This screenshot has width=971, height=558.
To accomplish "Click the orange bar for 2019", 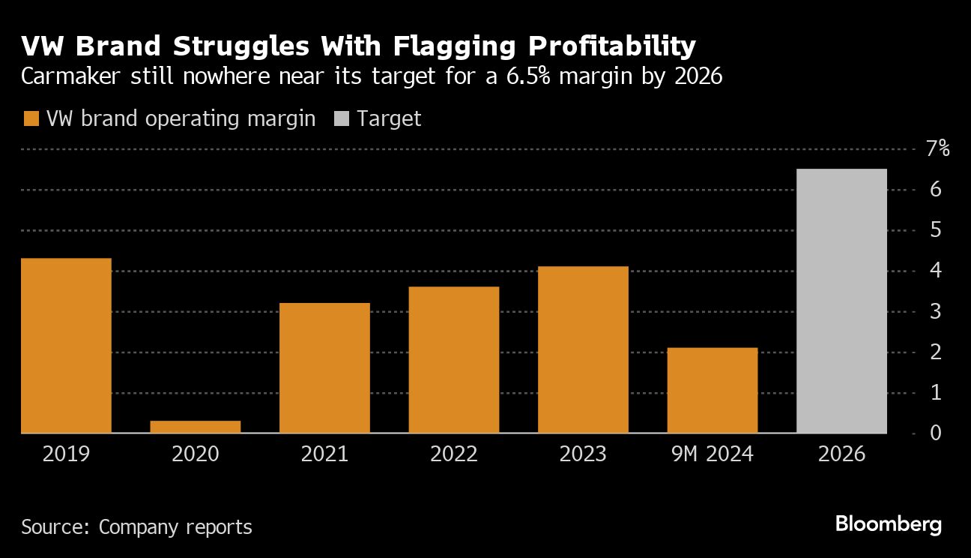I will pyautogui.click(x=66, y=346).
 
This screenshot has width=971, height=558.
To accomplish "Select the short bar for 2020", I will pyautogui.click(x=196, y=427).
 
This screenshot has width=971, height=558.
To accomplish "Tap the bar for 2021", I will pyautogui.click(x=324, y=367).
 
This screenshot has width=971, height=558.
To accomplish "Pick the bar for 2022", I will pyautogui.click(x=453, y=360).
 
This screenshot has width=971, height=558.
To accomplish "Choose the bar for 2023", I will pyautogui.click(x=583, y=349).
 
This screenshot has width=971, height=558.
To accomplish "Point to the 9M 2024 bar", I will pyautogui.click(x=712, y=390).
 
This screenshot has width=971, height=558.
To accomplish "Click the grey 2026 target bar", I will pyautogui.click(x=841, y=301).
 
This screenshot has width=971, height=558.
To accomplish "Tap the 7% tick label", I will pyautogui.click(x=937, y=148).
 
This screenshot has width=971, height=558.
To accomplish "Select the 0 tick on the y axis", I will pyautogui.click(x=934, y=433).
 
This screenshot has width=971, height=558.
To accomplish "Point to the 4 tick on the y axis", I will pyautogui.click(x=934, y=271).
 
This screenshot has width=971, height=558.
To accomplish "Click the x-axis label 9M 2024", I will pyautogui.click(x=712, y=454).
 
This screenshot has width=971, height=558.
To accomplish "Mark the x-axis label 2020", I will pyautogui.click(x=196, y=454).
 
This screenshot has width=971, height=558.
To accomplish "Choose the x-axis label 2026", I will pyautogui.click(x=841, y=454).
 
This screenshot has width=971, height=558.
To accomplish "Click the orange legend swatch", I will pyautogui.click(x=31, y=118).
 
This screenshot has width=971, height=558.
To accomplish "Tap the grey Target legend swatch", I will pyautogui.click(x=341, y=118).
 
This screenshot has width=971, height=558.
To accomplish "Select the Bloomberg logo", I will pyautogui.click(x=888, y=524).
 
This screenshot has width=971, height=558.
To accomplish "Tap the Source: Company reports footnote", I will pyautogui.click(x=136, y=527).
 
